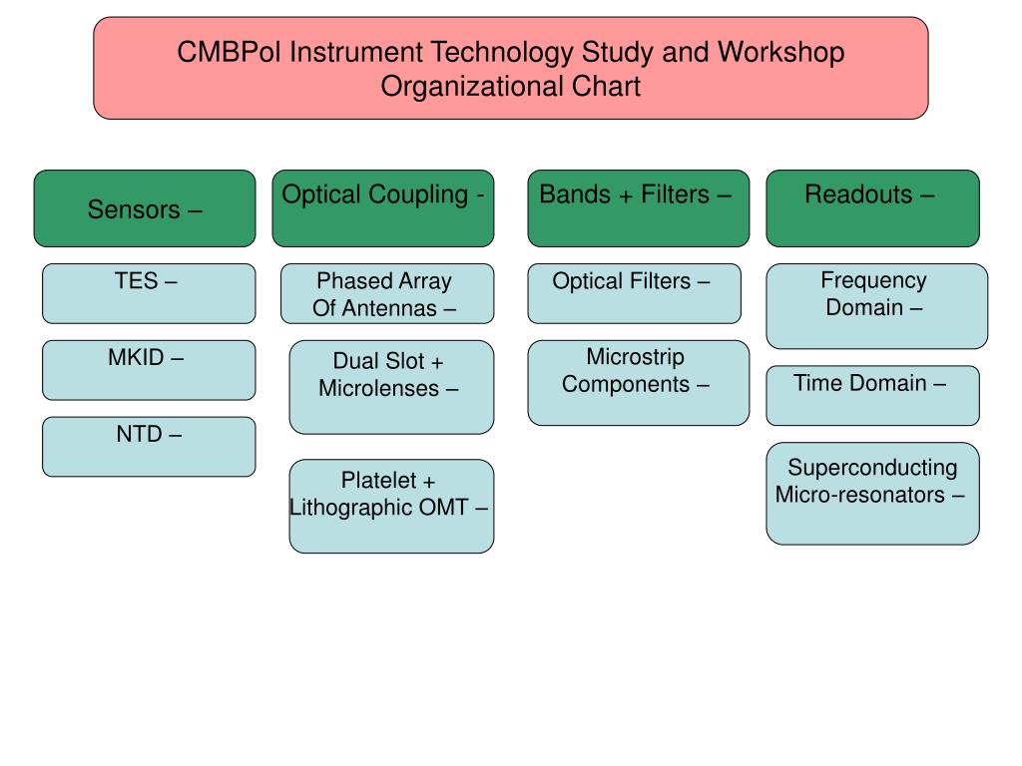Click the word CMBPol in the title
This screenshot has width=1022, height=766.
click(x=230, y=52)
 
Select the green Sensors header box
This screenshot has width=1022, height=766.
click(x=145, y=208)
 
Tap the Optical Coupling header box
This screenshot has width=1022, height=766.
click(x=383, y=208)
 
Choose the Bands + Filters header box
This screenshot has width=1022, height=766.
click(x=639, y=208)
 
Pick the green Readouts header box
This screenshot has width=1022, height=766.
click(x=872, y=208)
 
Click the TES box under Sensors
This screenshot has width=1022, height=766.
click(x=149, y=294)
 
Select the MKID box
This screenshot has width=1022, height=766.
click(x=149, y=370)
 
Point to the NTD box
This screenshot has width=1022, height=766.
click(x=149, y=447)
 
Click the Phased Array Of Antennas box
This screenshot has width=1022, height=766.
click(x=387, y=294)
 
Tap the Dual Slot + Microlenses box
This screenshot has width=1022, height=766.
click(x=391, y=387)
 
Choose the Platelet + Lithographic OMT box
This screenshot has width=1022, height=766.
click(x=391, y=506)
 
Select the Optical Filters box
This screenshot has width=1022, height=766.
click(x=634, y=294)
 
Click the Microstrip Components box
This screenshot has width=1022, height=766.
click(x=639, y=383)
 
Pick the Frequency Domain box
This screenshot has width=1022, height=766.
click(x=877, y=306)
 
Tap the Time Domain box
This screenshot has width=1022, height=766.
click(x=872, y=395)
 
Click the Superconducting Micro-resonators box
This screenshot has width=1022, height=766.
click(x=872, y=494)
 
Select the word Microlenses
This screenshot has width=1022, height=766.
click(x=378, y=388)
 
